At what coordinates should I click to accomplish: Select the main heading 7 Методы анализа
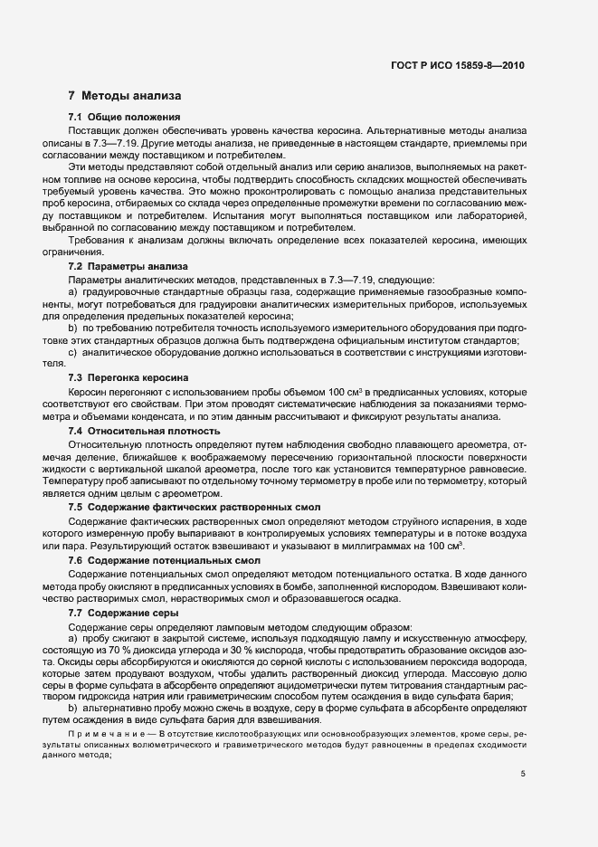125,95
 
